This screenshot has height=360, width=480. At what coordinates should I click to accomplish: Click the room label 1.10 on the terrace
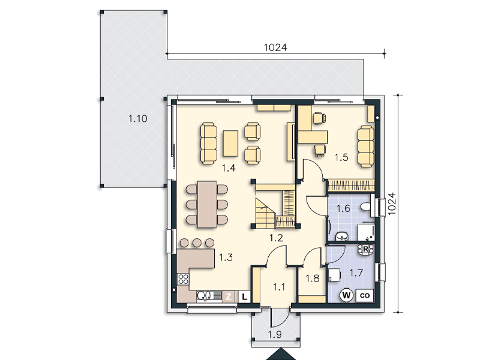click(138, 118)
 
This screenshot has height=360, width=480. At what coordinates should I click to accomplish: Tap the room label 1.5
click(341, 157)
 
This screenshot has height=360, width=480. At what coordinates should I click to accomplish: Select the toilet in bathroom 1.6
click(365, 207)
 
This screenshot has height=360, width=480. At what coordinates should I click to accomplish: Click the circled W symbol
click(346, 295)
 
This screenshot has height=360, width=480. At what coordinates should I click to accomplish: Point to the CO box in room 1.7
click(365, 296)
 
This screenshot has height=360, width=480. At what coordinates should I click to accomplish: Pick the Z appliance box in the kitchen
click(229, 296)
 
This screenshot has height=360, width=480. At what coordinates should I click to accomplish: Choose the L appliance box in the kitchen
click(244, 296)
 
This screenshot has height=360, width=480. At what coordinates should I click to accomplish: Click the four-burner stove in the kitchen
click(184, 279)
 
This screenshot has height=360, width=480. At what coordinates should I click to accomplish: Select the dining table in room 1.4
click(207, 204)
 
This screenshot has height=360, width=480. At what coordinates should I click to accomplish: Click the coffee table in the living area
click(231, 143)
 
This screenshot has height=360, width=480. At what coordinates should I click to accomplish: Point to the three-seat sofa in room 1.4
click(208, 143)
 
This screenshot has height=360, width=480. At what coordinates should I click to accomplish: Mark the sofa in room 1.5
click(366, 146)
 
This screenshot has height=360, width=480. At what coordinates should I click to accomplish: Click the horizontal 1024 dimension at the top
click(275, 47)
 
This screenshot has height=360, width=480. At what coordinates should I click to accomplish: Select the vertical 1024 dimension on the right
click(392, 204)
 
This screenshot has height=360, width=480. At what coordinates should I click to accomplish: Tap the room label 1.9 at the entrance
click(275, 335)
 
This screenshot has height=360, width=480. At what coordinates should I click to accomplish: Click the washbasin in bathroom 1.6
click(341, 236)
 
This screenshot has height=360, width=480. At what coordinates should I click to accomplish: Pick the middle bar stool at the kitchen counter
click(197, 243)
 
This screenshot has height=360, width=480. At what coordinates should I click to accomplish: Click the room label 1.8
click(312, 278)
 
